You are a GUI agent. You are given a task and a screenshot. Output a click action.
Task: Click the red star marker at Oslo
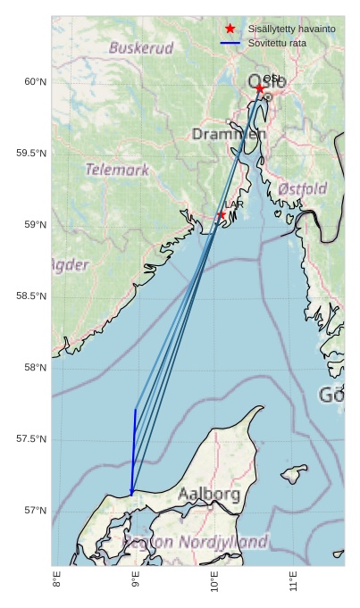point(259,88)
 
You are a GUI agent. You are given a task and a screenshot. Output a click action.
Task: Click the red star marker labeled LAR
point(222,215)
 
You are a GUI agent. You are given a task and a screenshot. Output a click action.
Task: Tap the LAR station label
point(234,205)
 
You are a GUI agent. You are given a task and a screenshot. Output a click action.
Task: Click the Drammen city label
point(229,134)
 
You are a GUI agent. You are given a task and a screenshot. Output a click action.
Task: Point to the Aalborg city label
point(208,494)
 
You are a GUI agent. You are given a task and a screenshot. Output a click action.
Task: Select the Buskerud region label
point(141,48)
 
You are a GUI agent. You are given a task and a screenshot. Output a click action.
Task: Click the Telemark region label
point(117,169)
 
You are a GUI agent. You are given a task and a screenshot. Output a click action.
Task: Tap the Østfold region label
point(302,189)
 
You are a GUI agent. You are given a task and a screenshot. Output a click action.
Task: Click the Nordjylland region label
point(223,542)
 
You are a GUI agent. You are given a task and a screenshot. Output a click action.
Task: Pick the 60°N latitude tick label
point(34,82)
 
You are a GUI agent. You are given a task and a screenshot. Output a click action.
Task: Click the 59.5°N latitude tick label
point(31,154)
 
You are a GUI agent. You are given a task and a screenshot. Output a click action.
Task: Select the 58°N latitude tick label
point(34,368)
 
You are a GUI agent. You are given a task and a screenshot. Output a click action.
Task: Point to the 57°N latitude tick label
point(34,511)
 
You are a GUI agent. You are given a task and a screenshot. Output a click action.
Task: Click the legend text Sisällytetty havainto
point(291,29)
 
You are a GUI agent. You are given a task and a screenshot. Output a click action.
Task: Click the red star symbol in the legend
point(230,29)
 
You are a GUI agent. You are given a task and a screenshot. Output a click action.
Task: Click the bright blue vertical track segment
point(134,446)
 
